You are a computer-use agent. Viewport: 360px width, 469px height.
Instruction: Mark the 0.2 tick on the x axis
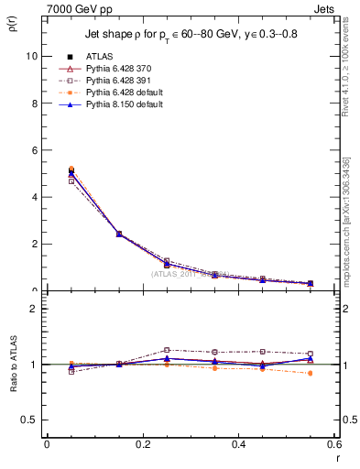pyautogui.click(x=142, y=444)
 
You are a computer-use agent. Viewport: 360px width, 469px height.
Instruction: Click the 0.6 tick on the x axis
pyautogui.click(x=334, y=444)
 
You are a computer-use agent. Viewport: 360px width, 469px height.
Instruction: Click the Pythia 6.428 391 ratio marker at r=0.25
pyautogui.click(x=167, y=350)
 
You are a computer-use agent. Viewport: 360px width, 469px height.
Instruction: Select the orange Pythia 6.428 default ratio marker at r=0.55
pyautogui.click(x=311, y=373)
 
